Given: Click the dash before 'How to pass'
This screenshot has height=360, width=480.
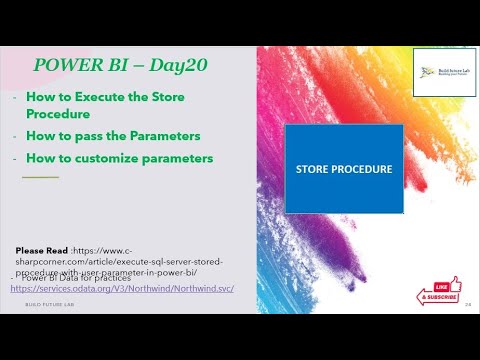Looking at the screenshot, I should (14, 136).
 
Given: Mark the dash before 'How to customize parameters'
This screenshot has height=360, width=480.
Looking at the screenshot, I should (14, 157).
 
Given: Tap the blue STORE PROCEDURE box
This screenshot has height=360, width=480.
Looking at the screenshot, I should (343, 168).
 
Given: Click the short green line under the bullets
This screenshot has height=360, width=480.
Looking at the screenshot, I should (40, 177).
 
